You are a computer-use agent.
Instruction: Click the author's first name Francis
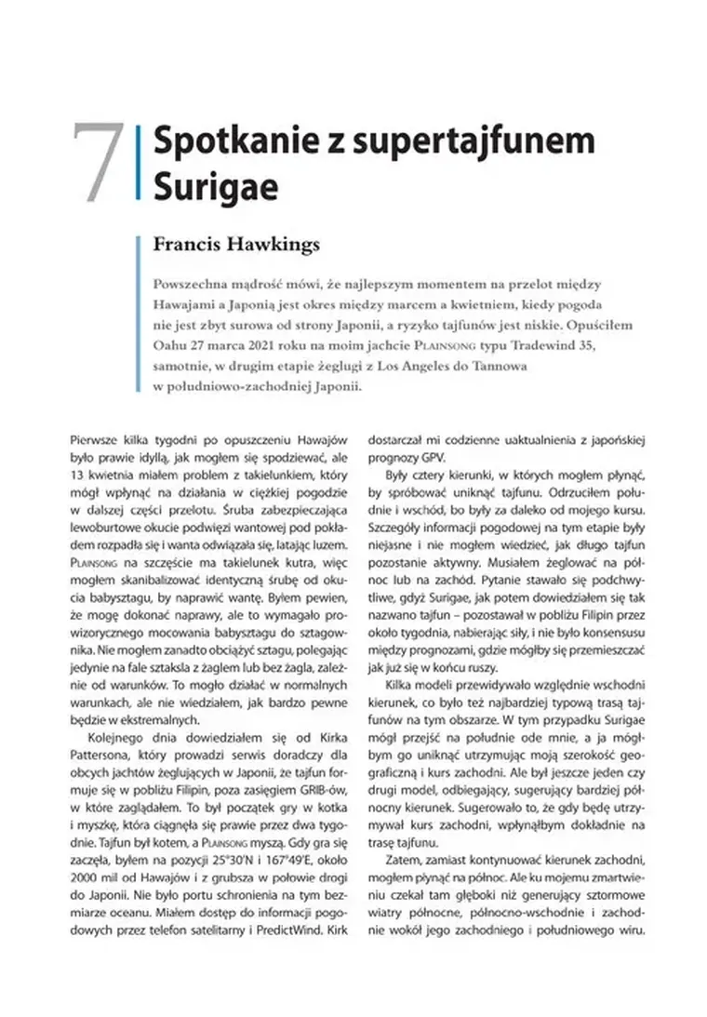click(190, 246)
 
